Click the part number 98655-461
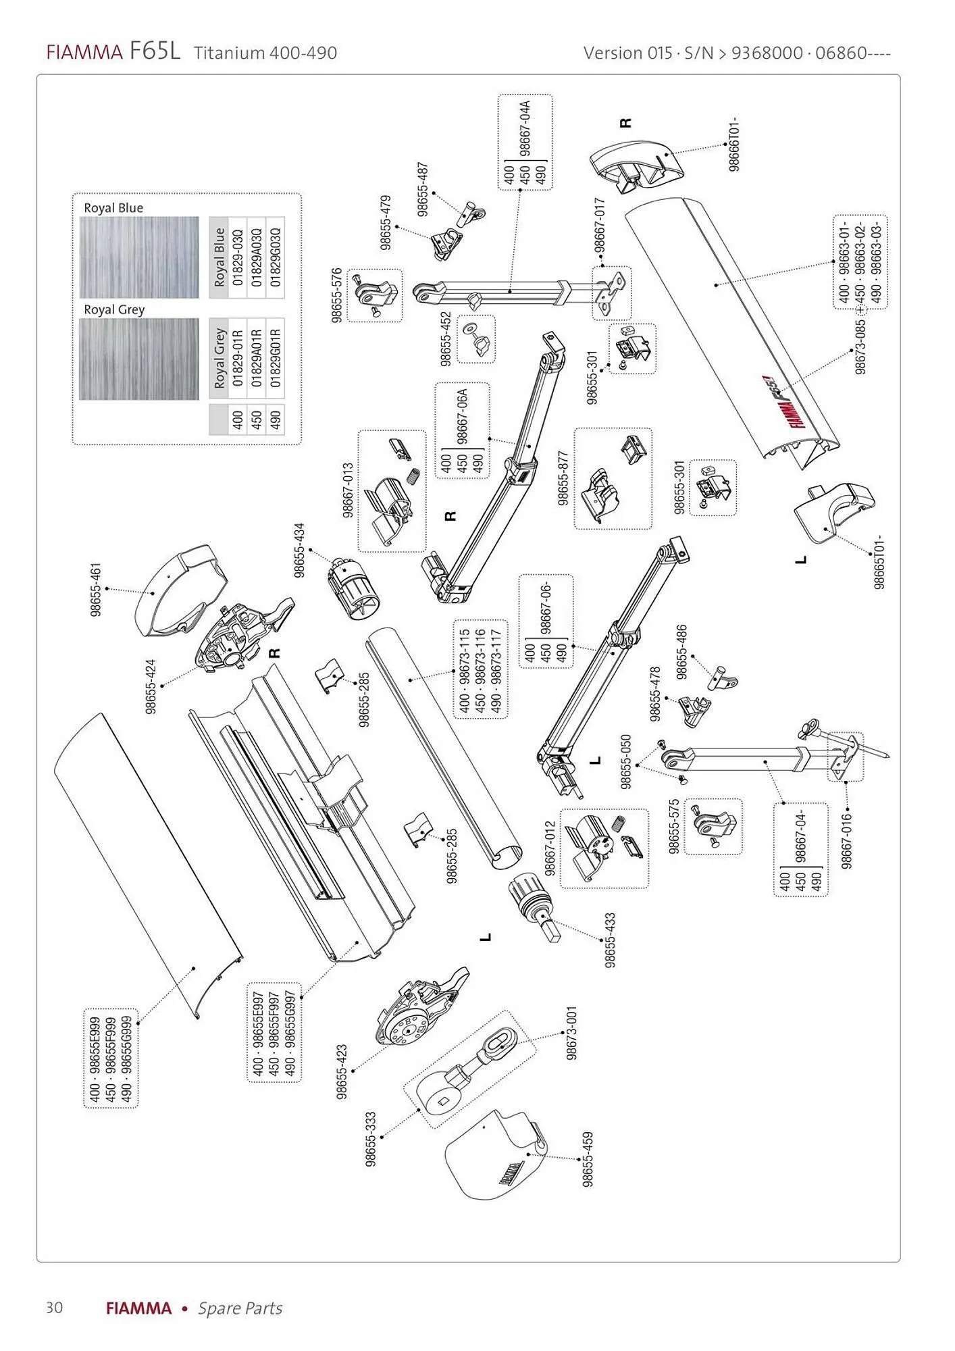(96, 588)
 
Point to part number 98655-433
(610, 940)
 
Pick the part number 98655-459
(588, 1159)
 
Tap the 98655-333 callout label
(370, 1139)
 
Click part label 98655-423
(342, 1072)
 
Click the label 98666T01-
(735, 145)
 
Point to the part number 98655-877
(563, 478)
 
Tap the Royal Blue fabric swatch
(139, 257)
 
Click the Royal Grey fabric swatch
(139, 359)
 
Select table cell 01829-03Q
(238, 257)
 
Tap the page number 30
(54, 1307)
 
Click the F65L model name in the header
(155, 52)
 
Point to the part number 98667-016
(847, 841)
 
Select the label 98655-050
(625, 761)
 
